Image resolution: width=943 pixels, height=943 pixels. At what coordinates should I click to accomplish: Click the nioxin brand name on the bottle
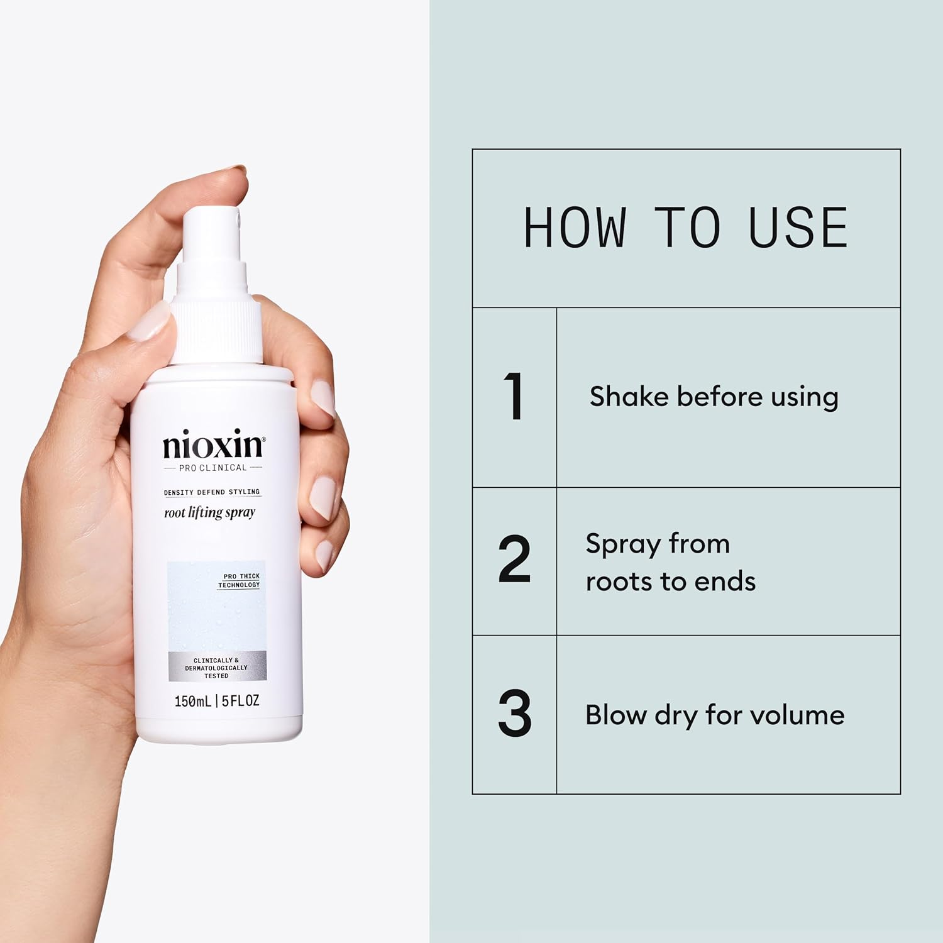click(x=214, y=445)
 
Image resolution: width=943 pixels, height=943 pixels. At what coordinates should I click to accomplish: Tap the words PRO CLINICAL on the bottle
click(x=213, y=468)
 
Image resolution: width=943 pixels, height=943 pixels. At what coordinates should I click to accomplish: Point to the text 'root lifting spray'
click(x=209, y=513)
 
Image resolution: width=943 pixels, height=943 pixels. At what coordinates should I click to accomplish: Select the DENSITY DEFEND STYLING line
click(x=212, y=492)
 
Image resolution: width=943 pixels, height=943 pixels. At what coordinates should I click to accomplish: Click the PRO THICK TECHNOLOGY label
click(x=240, y=580)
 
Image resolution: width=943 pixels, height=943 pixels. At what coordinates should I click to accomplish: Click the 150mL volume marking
click(x=192, y=701)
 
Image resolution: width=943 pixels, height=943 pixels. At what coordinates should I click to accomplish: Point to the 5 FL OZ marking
click(x=240, y=701)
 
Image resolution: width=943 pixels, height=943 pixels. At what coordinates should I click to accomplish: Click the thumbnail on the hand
click(x=150, y=321)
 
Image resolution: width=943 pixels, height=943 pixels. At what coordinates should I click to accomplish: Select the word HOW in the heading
click(x=575, y=228)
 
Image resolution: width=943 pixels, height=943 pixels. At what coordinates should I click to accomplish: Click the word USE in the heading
click(x=798, y=228)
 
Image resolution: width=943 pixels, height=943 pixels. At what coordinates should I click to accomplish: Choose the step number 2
click(x=514, y=559)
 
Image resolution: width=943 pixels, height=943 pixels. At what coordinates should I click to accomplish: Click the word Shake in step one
click(x=629, y=397)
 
